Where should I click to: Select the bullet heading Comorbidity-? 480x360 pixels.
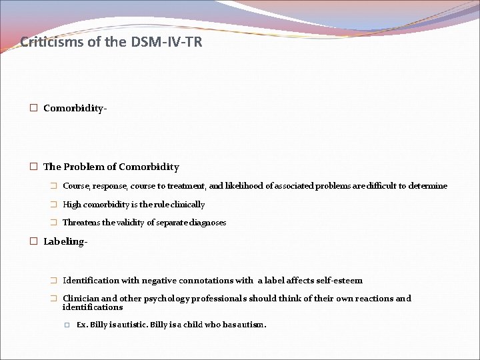tap(75, 108)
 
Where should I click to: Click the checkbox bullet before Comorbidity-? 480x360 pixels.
tap(33, 108)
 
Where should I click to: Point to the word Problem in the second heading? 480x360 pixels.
tap(85, 167)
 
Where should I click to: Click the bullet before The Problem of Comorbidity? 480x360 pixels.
tap(33, 167)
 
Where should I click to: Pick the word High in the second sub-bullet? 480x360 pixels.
tap(72, 205)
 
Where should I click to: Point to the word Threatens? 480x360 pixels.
tap(81, 223)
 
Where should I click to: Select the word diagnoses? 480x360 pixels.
tap(208, 223)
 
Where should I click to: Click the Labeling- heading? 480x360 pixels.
tap(65, 241)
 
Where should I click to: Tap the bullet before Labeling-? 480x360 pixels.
tap(33, 241)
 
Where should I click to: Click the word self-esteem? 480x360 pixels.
tap(339, 281)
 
